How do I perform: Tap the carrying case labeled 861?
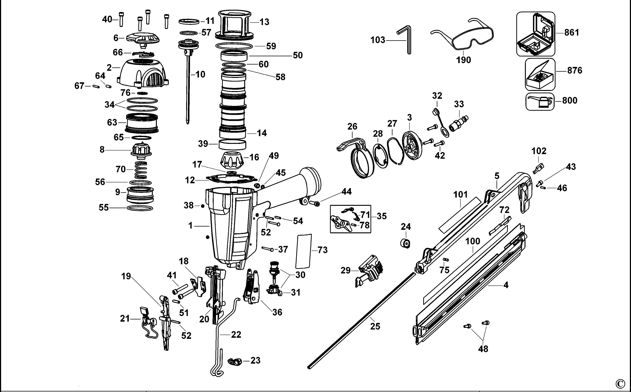(536, 34)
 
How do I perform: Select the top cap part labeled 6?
(143, 40)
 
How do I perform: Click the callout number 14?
(262, 133)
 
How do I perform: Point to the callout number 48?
(483, 349)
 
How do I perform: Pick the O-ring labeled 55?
(140, 208)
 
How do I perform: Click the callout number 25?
(375, 326)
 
